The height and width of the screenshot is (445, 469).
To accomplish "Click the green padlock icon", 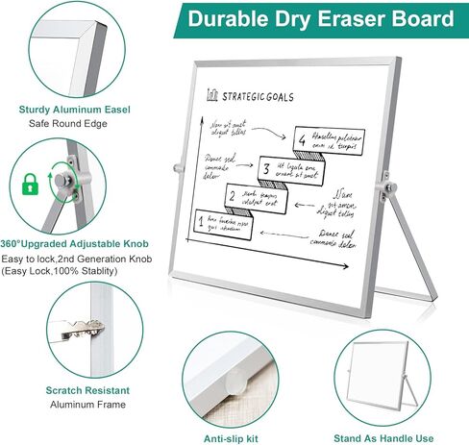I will [30, 183].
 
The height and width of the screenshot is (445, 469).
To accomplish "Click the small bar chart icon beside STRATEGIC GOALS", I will [212, 95].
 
